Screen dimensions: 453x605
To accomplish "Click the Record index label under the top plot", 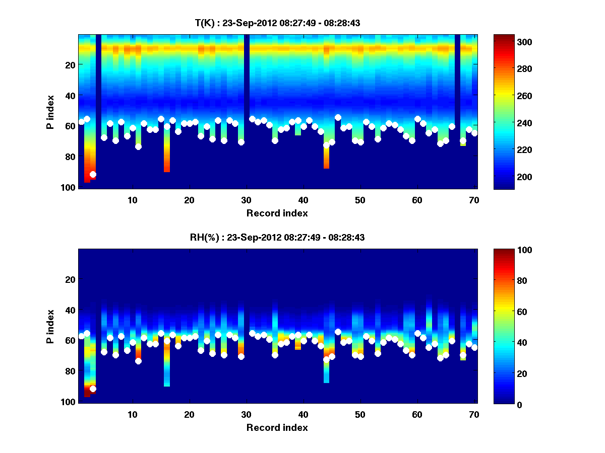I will [x=277, y=213].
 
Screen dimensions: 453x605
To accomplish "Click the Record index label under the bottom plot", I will [x=277, y=427].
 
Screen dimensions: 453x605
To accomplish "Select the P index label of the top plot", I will [x=50, y=112].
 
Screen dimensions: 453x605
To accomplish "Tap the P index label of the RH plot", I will [x=50, y=326].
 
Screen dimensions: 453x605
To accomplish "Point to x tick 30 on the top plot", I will [x=246, y=200].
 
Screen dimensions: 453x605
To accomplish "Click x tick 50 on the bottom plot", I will [x=360, y=414].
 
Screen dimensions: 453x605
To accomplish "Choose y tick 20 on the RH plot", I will [x=71, y=279].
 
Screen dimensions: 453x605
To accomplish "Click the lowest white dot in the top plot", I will [x=93, y=174].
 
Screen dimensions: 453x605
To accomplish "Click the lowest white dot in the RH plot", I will [x=93, y=389].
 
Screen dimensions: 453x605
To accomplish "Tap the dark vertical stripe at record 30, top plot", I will [x=247, y=75].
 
